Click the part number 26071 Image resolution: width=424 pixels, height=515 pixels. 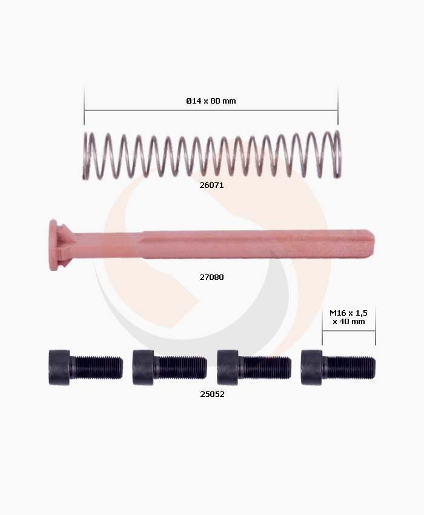211,185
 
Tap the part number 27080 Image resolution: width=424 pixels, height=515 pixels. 211,277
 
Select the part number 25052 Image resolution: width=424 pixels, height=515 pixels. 212,393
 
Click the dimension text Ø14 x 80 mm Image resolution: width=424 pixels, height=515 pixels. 211,101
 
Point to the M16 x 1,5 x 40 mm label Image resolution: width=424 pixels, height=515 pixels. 348,317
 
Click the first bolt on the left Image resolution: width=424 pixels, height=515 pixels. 85,367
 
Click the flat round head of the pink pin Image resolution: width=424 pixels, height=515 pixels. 55,245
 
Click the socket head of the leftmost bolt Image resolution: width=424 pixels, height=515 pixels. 59,367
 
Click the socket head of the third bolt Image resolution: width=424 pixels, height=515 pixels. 227,367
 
